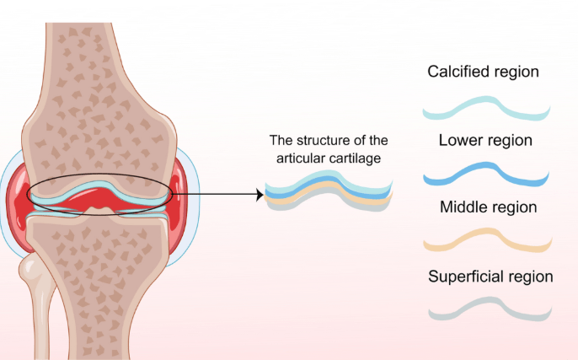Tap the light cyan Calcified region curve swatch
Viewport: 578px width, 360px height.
(x=486, y=109)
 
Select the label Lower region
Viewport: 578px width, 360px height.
(x=485, y=140)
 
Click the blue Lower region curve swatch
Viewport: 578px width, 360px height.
(x=486, y=173)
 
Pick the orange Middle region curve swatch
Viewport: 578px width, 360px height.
(x=486, y=243)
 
